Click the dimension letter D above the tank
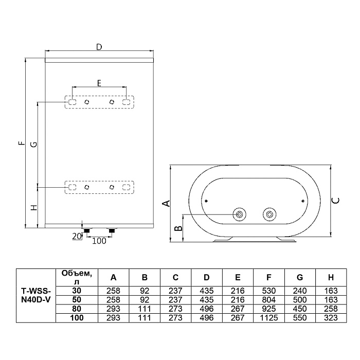(x=99, y=47)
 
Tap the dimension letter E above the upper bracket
(x=99, y=82)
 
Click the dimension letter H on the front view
(x=32, y=208)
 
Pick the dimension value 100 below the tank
(x=99, y=240)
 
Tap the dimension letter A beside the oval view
(x=166, y=204)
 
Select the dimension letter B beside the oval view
(x=177, y=228)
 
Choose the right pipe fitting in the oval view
(x=268, y=214)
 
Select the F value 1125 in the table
(x=269, y=318)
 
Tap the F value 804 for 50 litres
(x=269, y=299)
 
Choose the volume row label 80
(x=77, y=309)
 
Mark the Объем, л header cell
(x=77, y=277)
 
